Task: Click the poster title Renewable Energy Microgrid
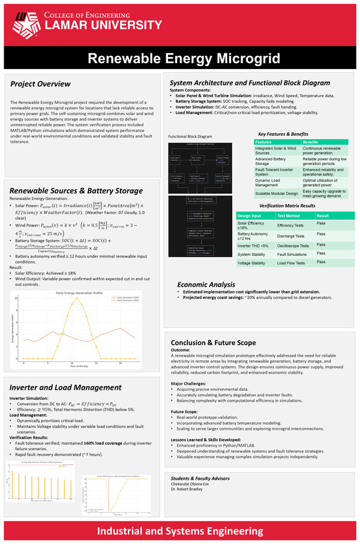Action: click(179, 58)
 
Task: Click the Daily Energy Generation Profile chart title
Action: click(79, 292)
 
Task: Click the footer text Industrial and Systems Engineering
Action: click(179, 530)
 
